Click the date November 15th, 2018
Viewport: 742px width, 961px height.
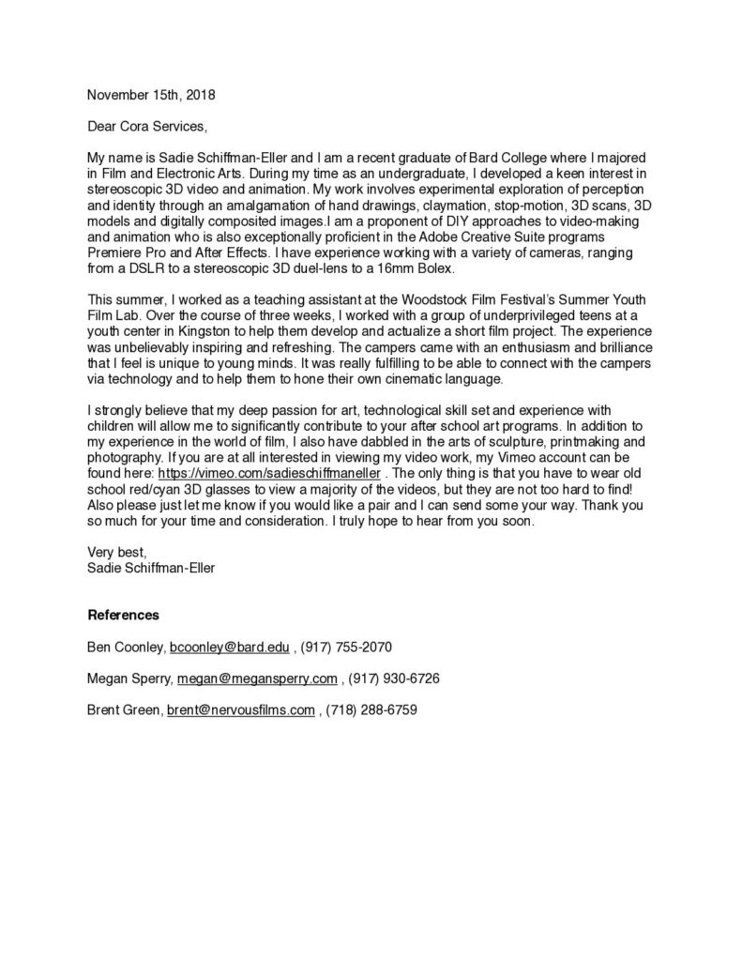point(144,95)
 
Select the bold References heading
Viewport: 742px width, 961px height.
point(123,616)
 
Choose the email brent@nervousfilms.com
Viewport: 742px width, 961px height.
point(241,710)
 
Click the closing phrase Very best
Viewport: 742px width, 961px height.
point(116,552)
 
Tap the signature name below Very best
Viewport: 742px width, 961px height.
point(150,568)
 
